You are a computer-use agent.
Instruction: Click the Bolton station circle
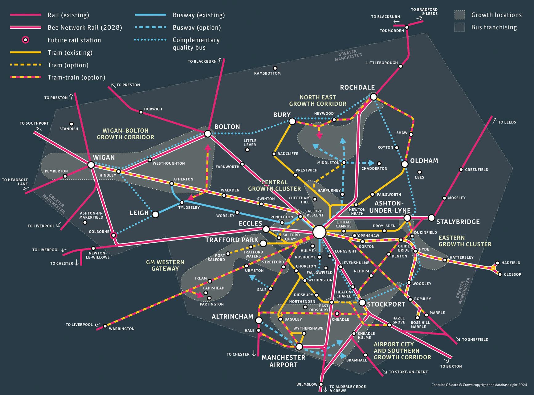(x=208, y=134)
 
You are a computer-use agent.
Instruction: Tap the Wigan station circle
(x=91, y=165)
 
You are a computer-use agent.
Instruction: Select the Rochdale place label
(x=357, y=88)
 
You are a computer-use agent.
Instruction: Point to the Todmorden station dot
(x=407, y=27)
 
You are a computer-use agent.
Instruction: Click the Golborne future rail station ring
(x=113, y=235)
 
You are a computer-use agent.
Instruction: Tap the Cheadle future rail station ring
(x=337, y=314)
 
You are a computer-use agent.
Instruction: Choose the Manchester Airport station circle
(x=299, y=347)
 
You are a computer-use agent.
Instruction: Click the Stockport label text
(x=386, y=304)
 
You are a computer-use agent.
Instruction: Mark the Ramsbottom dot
(x=275, y=68)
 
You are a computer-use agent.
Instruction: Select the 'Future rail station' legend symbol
(x=26, y=40)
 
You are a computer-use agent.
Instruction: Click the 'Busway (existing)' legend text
(x=198, y=15)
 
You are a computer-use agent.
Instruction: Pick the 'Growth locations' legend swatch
(x=460, y=15)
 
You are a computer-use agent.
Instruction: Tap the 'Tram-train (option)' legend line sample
(x=26, y=77)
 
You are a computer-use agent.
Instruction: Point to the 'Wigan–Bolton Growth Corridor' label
(x=125, y=134)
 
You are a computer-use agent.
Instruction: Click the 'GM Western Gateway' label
(x=165, y=265)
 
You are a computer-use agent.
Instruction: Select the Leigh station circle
(x=155, y=214)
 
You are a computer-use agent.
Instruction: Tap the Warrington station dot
(x=105, y=326)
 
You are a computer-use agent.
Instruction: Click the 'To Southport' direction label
(x=34, y=123)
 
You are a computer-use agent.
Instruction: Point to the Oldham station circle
(x=405, y=164)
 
